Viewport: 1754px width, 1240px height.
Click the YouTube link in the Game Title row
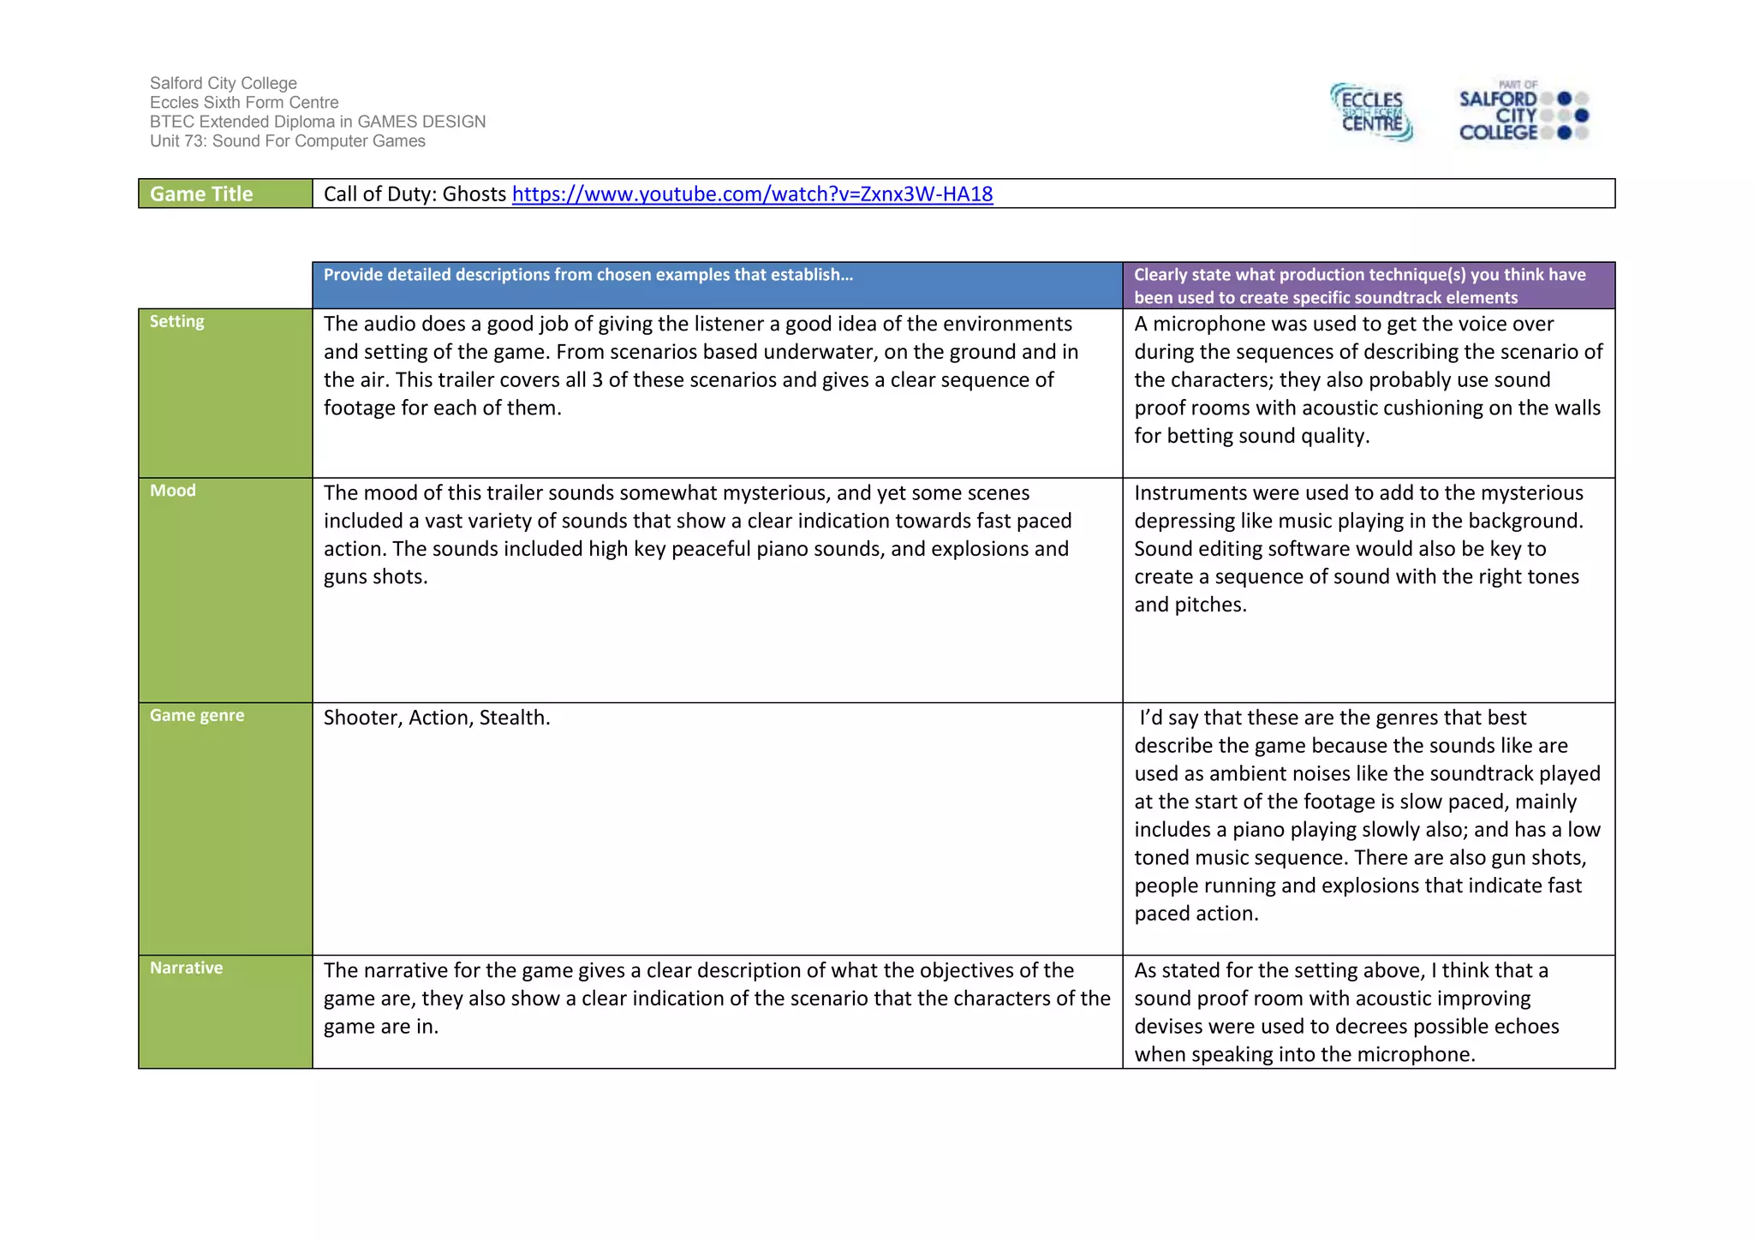pos(752,194)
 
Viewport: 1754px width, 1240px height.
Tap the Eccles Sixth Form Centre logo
pos(1371,112)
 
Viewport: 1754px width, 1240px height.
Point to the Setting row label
pos(177,322)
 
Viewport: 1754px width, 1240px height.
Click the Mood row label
pos(173,491)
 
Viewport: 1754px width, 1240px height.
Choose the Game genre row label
pos(197,716)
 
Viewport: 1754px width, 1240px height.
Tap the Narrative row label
pos(186,969)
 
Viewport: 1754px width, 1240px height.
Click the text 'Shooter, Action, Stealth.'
pos(437,718)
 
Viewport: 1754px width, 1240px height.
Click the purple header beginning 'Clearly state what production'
pos(1368,286)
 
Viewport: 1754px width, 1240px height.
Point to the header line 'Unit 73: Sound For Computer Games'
pos(288,141)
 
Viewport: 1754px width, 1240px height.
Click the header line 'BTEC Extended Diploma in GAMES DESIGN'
pos(318,122)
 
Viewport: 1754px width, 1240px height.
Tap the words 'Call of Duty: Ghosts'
pos(415,194)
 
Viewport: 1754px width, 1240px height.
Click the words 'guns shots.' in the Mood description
pos(375,577)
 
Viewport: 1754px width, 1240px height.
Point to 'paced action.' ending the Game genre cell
pos(1196,914)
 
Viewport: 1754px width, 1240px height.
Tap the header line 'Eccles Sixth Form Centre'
pos(244,103)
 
